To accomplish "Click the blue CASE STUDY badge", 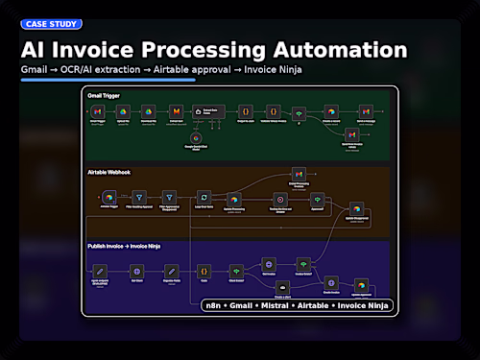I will point(51,24).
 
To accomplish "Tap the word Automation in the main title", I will point(337,50).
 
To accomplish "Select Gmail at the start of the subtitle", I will point(35,70).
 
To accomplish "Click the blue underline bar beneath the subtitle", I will point(108,80).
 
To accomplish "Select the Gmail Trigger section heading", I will point(104,96).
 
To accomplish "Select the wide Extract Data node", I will point(210,113).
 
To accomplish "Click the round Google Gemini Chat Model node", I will point(203,137).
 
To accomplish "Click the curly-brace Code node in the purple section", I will point(204,272).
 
